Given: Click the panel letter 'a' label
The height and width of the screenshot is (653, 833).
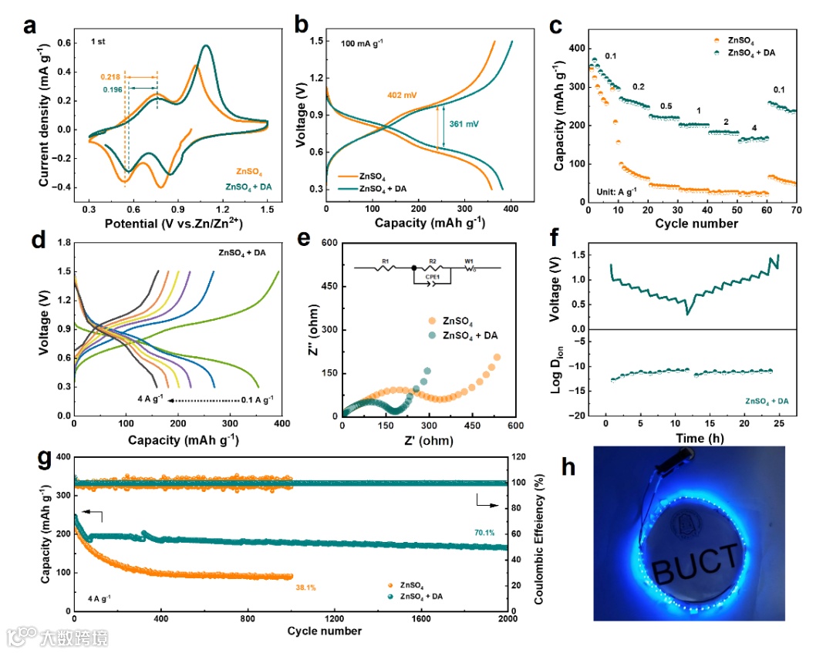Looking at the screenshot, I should [x=30, y=25].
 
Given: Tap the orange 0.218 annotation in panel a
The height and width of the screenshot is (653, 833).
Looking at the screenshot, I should [x=111, y=77].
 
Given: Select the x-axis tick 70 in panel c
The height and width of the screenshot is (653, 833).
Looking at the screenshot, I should [x=796, y=212].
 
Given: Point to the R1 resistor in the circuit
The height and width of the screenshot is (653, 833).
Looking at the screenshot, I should [x=385, y=268].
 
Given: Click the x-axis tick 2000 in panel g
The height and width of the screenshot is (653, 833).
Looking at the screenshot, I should [x=507, y=618].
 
